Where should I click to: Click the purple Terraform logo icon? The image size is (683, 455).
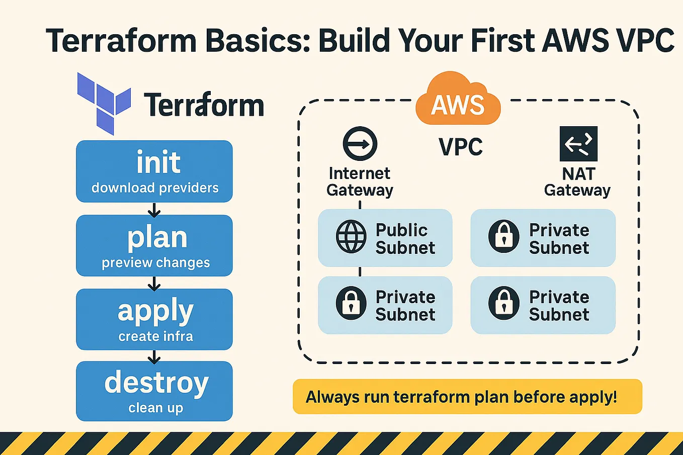pyautogui.click(x=104, y=103)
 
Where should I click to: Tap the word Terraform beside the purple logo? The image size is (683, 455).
pyautogui.click(x=204, y=105)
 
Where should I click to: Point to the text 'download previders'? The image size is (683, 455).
pyautogui.click(x=155, y=188)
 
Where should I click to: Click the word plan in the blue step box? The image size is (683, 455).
pyautogui.click(x=157, y=237)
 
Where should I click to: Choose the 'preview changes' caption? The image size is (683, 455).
pyautogui.click(x=155, y=262)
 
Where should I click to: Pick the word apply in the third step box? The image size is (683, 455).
pyautogui.click(x=155, y=311)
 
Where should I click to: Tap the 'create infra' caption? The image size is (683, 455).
pyautogui.click(x=155, y=336)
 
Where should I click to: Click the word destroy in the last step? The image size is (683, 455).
pyautogui.click(x=156, y=383)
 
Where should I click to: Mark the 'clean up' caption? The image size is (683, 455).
pyautogui.click(x=155, y=408)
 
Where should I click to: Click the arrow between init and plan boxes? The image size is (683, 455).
pyautogui.click(x=154, y=209)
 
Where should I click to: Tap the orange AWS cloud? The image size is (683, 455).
pyautogui.click(x=458, y=101)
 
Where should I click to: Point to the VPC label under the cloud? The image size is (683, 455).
pyautogui.click(x=461, y=147)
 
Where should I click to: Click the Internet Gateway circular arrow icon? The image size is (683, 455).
pyautogui.click(x=360, y=144)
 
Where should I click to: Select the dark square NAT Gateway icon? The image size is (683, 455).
pyautogui.click(x=578, y=144)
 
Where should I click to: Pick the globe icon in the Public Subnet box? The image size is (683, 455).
pyautogui.click(x=351, y=236)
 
